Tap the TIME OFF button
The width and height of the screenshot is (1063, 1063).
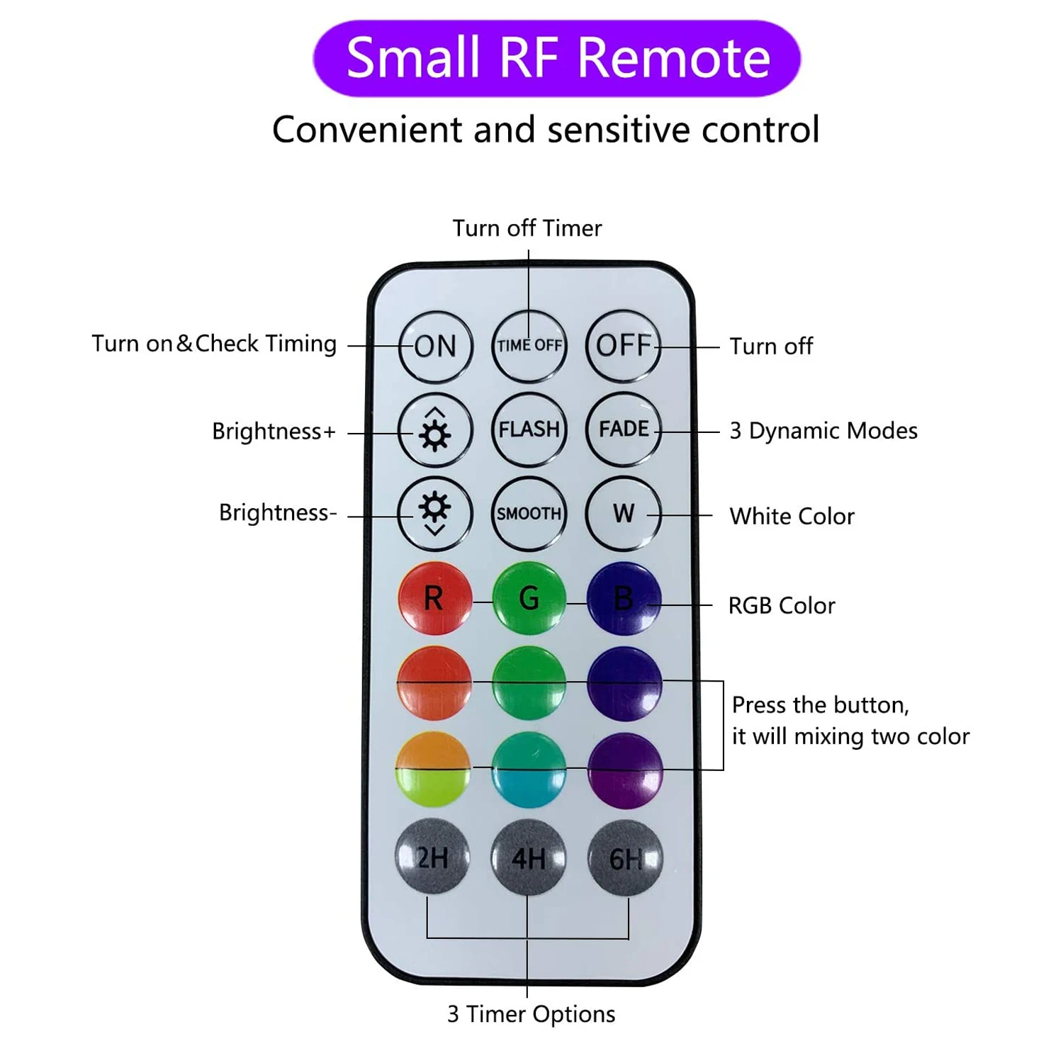(x=529, y=346)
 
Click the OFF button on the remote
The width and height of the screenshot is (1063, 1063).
(x=623, y=346)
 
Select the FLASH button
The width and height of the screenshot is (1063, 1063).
(x=529, y=429)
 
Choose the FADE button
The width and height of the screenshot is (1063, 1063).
(x=624, y=429)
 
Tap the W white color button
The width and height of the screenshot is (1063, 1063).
(x=624, y=513)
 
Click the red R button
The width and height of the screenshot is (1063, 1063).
(x=434, y=598)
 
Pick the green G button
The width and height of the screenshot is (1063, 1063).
(x=529, y=598)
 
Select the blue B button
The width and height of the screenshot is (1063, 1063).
(x=624, y=598)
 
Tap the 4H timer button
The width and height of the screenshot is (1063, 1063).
(x=529, y=858)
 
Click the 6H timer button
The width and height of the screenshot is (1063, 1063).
(x=625, y=858)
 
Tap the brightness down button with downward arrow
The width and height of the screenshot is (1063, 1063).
(x=434, y=513)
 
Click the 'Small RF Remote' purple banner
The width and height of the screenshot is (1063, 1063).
(x=557, y=58)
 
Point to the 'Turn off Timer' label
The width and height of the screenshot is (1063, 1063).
(x=527, y=228)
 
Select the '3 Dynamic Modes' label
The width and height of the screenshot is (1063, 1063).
(x=823, y=431)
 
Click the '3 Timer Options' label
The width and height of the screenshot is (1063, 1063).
(x=531, y=1014)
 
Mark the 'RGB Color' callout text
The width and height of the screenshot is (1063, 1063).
(x=782, y=606)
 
